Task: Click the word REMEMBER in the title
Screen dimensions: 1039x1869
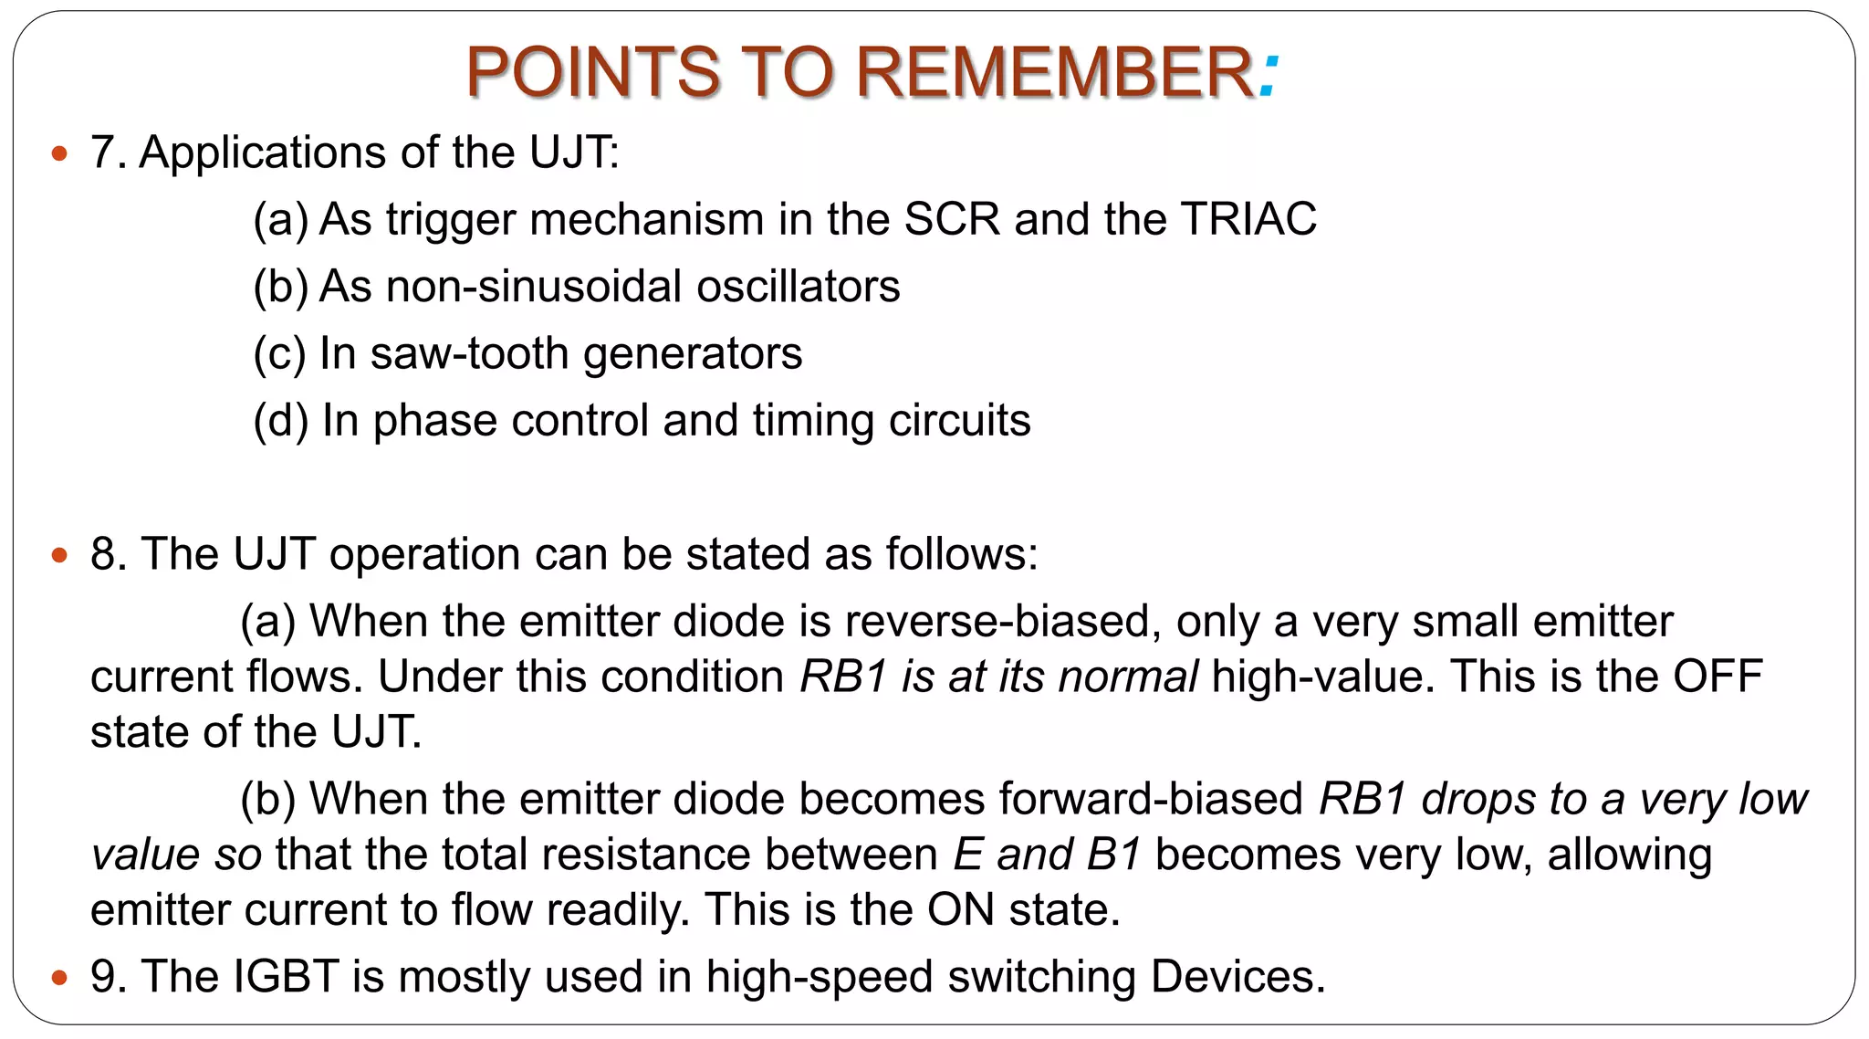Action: click(x=1054, y=73)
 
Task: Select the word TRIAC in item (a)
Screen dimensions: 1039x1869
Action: click(x=1248, y=220)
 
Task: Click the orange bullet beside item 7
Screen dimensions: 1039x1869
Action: click(x=60, y=153)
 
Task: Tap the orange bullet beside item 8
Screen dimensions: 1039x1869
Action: click(x=60, y=555)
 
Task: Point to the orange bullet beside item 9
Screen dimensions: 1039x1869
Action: click(x=60, y=978)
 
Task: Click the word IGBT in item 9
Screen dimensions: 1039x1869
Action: click(x=287, y=977)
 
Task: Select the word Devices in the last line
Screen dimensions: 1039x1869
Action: click(x=1237, y=977)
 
